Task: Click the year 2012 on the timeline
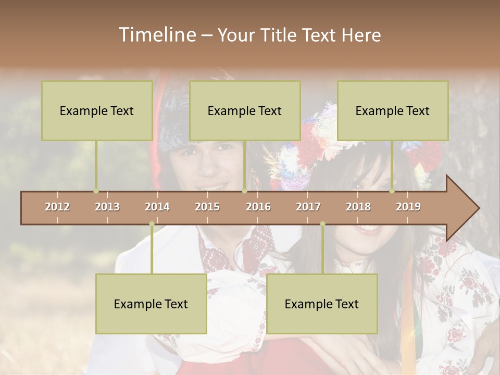[x=57, y=207]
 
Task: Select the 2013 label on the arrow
[x=107, y=207]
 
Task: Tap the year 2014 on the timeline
[x=157, y=207]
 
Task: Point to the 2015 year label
[x=207, y=207]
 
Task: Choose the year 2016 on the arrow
[x=258, y=207]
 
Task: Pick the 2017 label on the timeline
[x=308, y=207]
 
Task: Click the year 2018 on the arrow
[x=358, y=207]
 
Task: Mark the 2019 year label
[x=408, y=207]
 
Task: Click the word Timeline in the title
[x=156, y=35]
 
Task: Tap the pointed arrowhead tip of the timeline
[x=478, y=208]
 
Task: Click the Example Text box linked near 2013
[x=97, y=110]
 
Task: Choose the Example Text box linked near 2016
[x=245, y=110]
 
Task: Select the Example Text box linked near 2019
[x=393, y=110]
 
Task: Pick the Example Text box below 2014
[x=151, y=304]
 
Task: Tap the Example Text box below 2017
[x=322, y=304]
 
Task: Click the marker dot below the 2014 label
[x=152, y=224]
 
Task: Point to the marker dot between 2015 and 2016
[x=244, y=191]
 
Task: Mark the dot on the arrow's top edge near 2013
[x=96, y=191]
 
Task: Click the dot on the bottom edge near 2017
[x=322, y=224]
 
